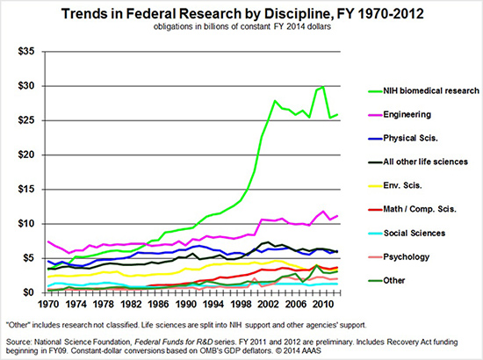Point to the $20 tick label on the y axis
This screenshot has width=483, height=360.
23,155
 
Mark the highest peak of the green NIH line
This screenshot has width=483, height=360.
324,86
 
